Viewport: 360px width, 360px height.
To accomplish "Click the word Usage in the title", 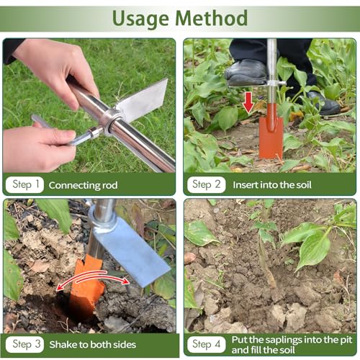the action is [x=140, y=19].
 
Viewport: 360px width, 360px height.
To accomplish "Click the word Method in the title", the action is [x=212, y=18].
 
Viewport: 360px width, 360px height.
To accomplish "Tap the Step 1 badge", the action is [x=24, y=184].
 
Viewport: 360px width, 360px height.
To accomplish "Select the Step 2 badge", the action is [x=207, y=184].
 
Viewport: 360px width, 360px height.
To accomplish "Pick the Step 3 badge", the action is [x=24, y=344].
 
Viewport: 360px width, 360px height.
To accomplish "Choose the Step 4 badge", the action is [x=207, y=344].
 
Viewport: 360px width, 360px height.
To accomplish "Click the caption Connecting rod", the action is [x=83, y=185].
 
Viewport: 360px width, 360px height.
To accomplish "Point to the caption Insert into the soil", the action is [x=272, y=185].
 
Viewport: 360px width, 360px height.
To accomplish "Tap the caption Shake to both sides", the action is [x=93, y=345].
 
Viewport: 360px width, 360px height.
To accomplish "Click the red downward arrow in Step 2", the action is [x=248, y=102].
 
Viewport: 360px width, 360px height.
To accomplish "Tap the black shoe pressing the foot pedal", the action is [x=246, y=72].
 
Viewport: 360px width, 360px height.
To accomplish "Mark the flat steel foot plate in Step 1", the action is [x=142, y=100].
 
